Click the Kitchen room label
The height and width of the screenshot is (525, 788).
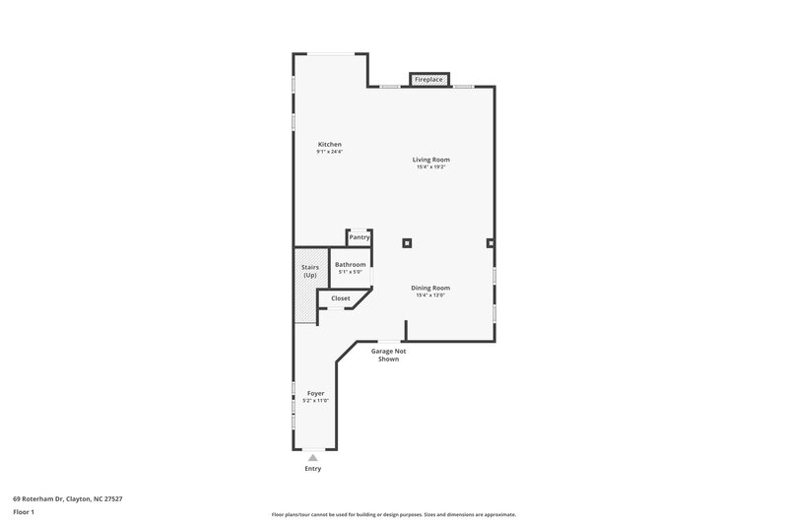click(x=329, y=145)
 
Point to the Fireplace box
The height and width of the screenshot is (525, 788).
click(x=428, y=79)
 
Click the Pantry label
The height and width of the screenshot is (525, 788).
click(x=360, y=237)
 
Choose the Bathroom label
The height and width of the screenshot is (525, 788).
click(x=350, y=264)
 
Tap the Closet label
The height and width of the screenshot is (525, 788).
click(x=341, y=297)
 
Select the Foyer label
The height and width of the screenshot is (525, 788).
click(x=315, y=393)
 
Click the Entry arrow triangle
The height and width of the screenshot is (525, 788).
click(x=313, y=458)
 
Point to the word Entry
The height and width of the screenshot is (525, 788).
click(x=313, y=469)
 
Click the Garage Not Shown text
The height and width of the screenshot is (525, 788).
click(x=388, y=355)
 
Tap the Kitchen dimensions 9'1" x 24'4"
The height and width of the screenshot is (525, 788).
click(x=329, y=153)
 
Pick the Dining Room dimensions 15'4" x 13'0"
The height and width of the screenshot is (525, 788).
click(x=430, y=295)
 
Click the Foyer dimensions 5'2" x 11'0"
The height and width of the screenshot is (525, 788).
click(x=315, y=401)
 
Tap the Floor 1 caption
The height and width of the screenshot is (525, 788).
click(x=25, y=512)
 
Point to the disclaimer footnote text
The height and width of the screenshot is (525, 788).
click(x=393, y=514)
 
